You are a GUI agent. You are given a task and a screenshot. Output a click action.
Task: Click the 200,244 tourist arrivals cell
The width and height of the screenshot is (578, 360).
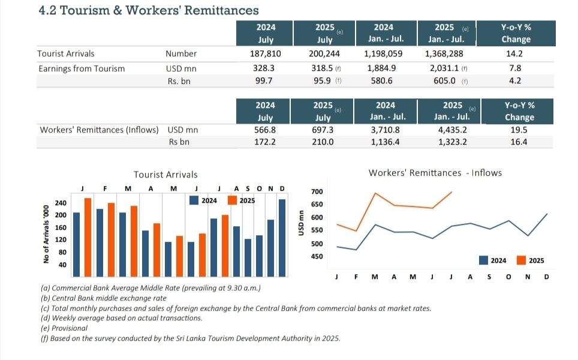click(324, 54)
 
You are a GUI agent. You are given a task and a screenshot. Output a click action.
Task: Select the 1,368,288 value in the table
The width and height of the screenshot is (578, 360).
click(444, 54)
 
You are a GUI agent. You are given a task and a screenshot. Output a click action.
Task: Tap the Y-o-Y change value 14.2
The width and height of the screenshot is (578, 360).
click(514, 54)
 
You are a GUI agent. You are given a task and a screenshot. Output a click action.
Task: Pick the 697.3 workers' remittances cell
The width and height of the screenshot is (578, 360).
click(323, 130)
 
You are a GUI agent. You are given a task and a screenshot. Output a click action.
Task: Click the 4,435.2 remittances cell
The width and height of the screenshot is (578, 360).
click(452, 130)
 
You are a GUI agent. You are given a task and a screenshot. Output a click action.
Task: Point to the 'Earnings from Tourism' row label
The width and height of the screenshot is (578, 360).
click(82, 68)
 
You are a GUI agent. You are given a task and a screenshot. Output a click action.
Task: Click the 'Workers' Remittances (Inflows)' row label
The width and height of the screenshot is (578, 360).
click(99, 130)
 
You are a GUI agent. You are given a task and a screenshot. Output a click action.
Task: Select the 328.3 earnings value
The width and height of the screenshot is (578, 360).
click(264, 68)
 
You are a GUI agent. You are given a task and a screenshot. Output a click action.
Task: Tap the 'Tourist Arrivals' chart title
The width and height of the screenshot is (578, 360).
click(165, 175)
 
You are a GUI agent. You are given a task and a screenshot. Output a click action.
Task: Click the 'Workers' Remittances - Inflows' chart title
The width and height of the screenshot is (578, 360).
click(435, 173)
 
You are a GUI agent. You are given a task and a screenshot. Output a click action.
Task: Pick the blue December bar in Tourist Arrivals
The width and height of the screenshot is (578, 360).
click(282, 238)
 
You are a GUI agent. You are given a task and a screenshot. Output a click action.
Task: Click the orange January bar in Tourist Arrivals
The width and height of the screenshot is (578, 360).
click(88, 238)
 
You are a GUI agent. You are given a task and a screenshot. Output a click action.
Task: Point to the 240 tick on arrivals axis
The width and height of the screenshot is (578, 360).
click(61, 203)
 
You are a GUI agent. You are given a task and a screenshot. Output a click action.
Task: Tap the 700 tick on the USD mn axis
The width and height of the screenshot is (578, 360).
click(317, 191)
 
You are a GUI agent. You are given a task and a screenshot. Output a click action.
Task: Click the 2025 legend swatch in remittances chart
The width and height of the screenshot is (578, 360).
click(521, 260)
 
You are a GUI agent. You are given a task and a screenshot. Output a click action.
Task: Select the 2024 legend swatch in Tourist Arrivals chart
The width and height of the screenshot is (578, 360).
click(194, 200)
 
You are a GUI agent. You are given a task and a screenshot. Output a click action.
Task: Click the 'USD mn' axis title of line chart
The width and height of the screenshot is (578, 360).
click(301, 223)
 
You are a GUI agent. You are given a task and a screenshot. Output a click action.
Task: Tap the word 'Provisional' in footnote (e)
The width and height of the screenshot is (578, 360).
click(70, 328)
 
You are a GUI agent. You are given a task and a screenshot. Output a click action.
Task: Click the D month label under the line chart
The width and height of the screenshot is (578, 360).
click(546, 277)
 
